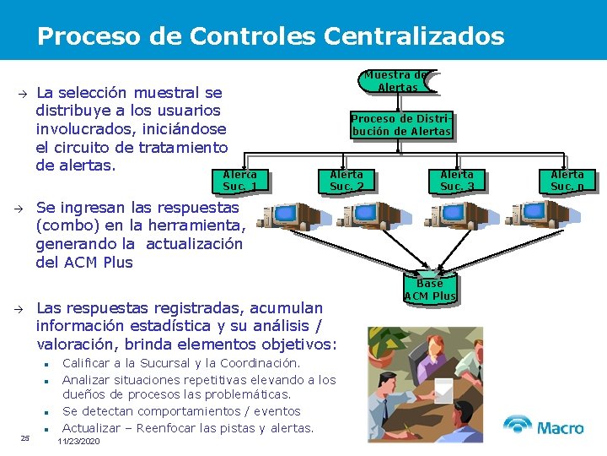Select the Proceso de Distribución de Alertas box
(401, 125)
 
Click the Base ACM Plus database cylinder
(430, 289)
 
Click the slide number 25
(25, 437)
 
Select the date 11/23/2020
(78, 442)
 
